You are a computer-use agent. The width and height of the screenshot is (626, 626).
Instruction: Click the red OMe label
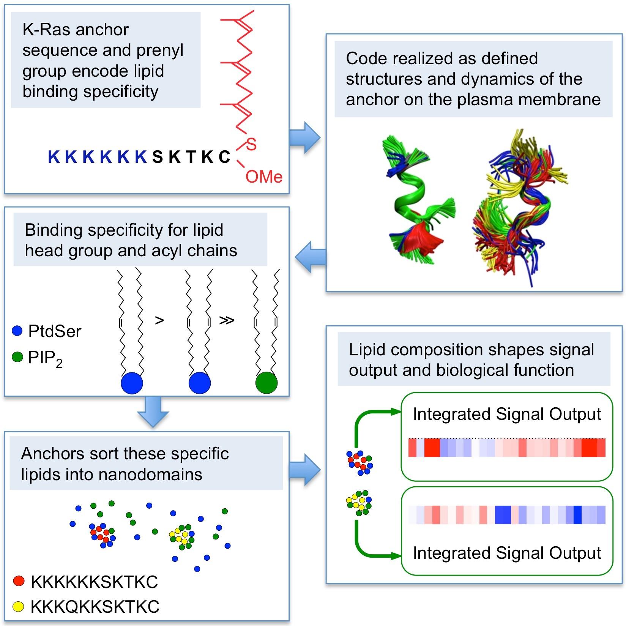click(264, 177)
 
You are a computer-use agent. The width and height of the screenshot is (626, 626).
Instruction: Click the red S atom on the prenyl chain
click(251, 145)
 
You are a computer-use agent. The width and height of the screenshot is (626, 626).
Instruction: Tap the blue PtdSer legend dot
click(17, 331)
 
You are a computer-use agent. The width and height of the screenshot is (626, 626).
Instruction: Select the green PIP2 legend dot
click(17, 357)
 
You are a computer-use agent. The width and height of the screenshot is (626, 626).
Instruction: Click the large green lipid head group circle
click(266, 383)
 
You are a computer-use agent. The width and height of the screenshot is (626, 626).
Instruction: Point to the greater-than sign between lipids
click(159, 320)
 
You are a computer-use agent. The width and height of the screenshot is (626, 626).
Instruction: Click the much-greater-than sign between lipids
click(227, 320)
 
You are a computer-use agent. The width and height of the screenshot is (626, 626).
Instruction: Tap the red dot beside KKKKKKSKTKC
click(19, 581)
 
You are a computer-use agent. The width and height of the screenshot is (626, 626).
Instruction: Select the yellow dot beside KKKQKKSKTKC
click(19, 607)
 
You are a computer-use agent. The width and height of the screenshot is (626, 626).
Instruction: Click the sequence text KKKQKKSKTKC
click(95, 607)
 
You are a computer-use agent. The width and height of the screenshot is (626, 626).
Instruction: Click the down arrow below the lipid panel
click(153, 412)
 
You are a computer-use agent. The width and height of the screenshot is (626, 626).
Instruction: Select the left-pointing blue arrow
click(310, 257)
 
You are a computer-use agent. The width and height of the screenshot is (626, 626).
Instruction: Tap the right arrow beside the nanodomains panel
click(305, 470)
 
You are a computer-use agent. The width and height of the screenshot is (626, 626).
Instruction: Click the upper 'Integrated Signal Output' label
click(507, 414)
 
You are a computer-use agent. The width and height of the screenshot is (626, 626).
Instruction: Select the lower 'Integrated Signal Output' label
click(507, 553)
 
